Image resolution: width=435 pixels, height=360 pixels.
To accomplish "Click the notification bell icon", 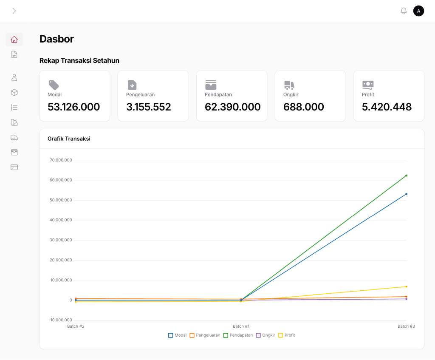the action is click(x=404, y=11).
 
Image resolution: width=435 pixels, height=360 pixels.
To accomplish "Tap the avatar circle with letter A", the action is click(x=418, y=11).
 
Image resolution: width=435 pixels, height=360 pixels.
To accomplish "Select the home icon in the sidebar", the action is click(x=14, y=40).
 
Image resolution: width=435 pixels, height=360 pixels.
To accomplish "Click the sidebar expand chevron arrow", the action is click(x=14, y=11).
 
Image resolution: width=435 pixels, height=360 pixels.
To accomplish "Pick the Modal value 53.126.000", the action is click(x=73, y=107).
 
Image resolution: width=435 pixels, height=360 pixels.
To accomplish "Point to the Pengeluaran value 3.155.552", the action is click(x=148, y=107).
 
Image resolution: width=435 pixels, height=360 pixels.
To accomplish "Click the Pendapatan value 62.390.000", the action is click(x=232, y=107).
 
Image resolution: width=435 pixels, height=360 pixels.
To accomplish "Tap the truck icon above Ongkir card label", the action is click(x=289, y=85).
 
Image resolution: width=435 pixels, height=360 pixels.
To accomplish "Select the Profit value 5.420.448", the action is click(x=387, y=107).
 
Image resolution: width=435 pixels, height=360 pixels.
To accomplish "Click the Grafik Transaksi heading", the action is click(x=69, y=139).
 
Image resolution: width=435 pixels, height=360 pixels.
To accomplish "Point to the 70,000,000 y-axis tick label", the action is click(x=61, y=160).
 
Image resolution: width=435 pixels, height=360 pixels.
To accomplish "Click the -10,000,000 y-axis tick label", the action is click(x=60, y=320).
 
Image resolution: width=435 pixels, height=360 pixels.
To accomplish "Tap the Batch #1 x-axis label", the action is click(x=241, y=326).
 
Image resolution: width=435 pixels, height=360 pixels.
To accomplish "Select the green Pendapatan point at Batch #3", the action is click(x=406, y=176).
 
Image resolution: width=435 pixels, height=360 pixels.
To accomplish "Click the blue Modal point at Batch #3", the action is click(x=406, y=194).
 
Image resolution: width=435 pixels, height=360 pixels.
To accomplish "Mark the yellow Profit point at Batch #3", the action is click(x=406, y=287).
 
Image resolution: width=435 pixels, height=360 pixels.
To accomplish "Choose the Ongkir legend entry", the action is click(x=265, y=335).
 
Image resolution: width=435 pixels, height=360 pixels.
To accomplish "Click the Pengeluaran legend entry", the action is click(x=205, y=335).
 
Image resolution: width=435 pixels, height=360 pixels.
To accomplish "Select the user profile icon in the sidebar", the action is click(x=14, y=77).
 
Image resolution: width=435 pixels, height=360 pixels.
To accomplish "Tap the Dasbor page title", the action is click(x=56, y=39).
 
